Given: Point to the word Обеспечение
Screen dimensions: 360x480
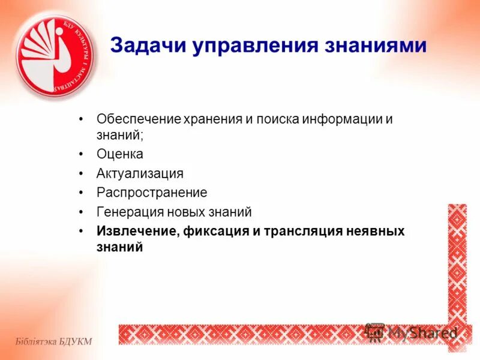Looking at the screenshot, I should click(x=139, y=119).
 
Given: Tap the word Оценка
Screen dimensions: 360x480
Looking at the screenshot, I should click(x=120, y=154).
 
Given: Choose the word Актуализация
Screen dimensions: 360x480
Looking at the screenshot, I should click(x=140, y=173).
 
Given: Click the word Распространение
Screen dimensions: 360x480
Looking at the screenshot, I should click(x=152, y=193).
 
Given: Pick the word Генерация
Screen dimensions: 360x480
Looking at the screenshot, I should click(x=125, y=212).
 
